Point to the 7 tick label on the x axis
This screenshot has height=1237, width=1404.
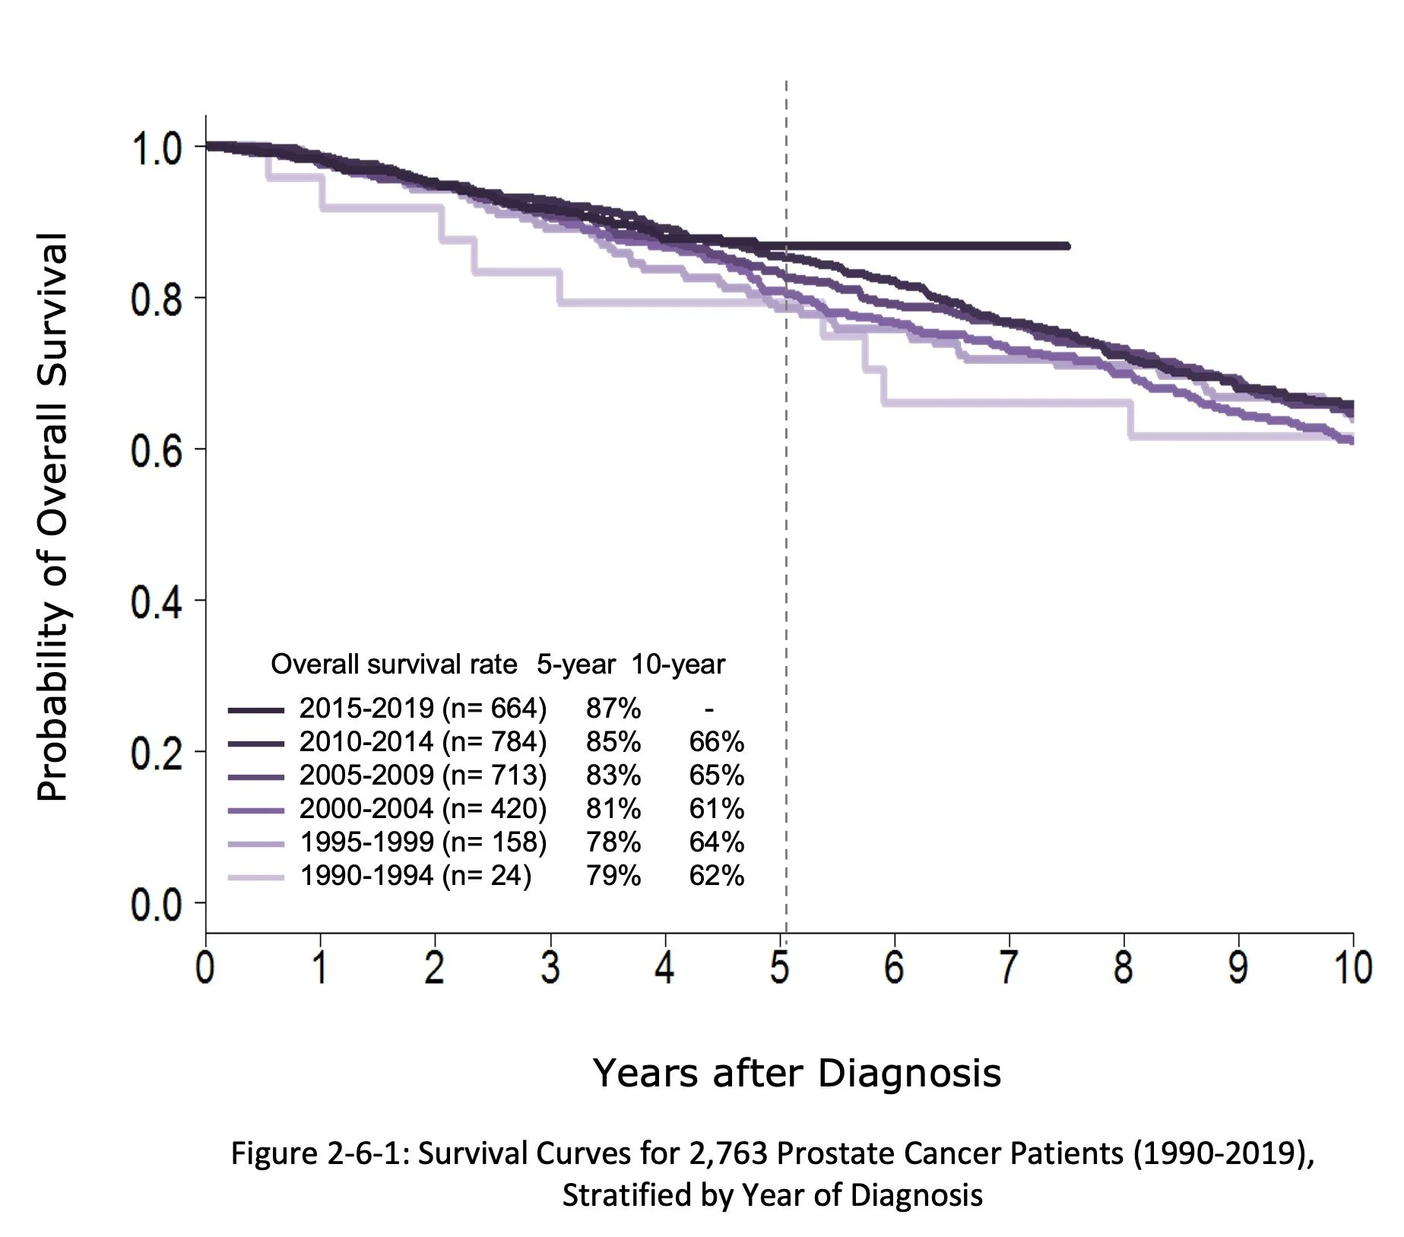tap(1008, 968)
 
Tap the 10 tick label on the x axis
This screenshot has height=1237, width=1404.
tap(1352, 968)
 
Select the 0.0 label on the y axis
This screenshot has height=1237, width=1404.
tap(156, 906)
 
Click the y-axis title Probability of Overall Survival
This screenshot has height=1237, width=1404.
tap(52, 517)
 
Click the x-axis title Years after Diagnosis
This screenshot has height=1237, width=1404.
tap(797, 1073)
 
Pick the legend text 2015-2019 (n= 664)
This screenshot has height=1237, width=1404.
tap(423, 709)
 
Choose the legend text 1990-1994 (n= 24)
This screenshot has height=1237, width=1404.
tap(415, 876)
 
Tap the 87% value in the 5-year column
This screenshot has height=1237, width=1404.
tap(613, 709)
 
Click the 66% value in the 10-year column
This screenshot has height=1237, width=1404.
tap(716, 742)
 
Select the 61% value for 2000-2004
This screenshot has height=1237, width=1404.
tap(716, 809)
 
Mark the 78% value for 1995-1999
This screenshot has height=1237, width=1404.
tap(613, 842)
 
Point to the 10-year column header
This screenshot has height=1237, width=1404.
tap(678, 664)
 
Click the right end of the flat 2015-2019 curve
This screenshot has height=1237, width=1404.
tap(1067, 246)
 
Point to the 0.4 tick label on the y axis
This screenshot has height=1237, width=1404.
tap(156, 603)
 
